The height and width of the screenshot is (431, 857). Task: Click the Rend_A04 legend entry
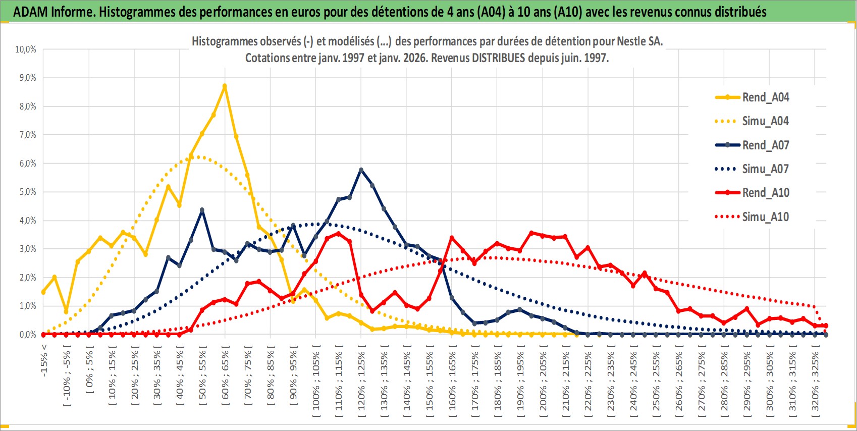[x=765, y=97]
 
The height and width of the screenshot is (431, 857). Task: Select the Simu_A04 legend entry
[x=765, y=121]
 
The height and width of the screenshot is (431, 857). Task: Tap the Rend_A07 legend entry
[x=765, y=145]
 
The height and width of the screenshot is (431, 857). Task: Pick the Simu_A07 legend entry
[x=765, y=169]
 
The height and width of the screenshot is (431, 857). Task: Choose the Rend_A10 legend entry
[x=765, y=193]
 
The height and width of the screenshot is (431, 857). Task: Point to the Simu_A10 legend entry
[x=765, y=217]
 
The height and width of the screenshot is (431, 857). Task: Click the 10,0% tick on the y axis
[x=26, y=49]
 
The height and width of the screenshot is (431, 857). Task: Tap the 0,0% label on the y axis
[x=27, y=334]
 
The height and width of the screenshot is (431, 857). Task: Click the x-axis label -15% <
[x=44, y=360]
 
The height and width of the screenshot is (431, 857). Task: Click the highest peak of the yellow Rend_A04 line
[x=225, y=86]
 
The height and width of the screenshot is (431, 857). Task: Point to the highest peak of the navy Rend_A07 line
[x=361, y=170]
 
